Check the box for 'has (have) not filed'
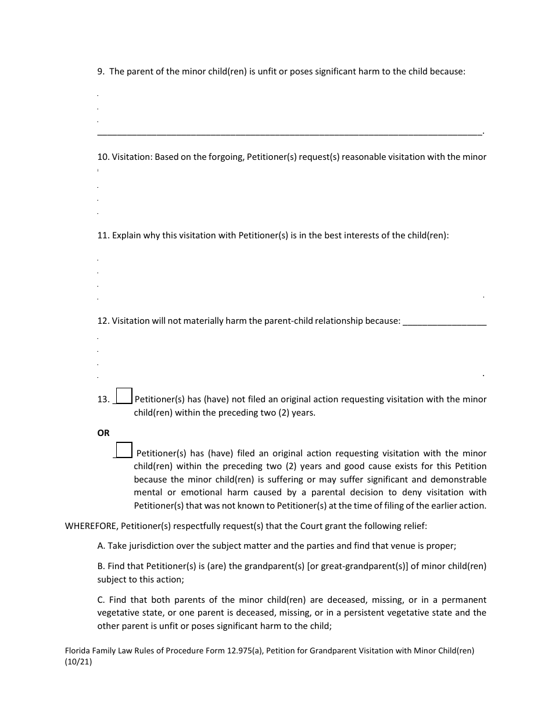pos(124,396)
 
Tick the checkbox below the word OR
pos(124,450)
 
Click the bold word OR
pos(103,433)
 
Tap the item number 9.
pos(101,71)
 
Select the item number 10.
pos(103,157)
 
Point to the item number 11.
pos(103,235)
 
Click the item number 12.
pos(103,321)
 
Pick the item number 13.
pos(103,399)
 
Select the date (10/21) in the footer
pos(78,662)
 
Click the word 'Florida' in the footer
pos(78,651)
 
